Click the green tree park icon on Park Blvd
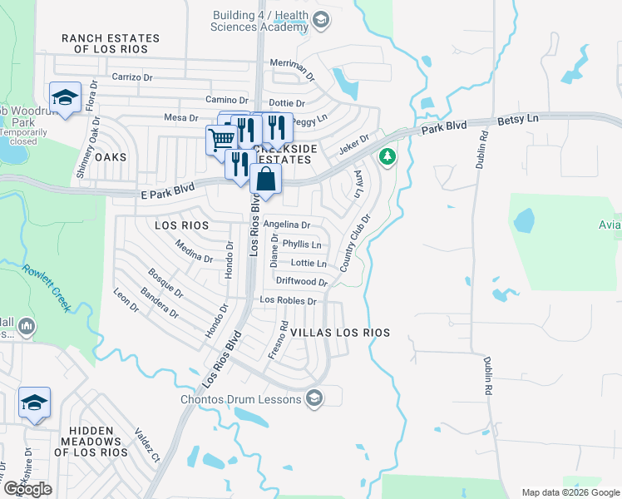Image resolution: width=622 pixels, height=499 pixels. click(x=387, y=156)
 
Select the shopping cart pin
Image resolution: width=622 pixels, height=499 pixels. click(x=221, y=139)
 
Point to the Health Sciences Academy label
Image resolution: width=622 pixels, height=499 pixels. click(x=260, y=22)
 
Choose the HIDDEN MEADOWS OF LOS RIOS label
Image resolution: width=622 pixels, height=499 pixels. click(x=91, y=445)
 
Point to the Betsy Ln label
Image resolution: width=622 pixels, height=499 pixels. click(x=518, y=120)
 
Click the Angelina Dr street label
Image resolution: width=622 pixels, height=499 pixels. click(x=286, y=225)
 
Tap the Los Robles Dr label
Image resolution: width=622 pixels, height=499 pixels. click(x=289, y=300)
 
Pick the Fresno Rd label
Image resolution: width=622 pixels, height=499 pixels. click(x=278, y=340)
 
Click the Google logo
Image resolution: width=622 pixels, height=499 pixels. click(x=27, y=489)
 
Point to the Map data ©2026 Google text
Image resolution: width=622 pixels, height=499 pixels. click(x=570, y=492)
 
